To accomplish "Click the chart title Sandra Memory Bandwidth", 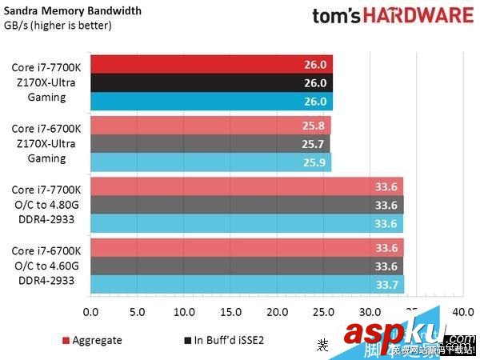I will (x=73, y=11).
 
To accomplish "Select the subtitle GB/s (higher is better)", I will (x=58, y=25).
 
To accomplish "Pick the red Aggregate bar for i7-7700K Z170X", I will (x=211, y=64).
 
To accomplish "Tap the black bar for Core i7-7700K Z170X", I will (x=211, y=82).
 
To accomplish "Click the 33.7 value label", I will (x=386, y=285).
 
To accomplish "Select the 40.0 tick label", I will (x=462, y=311).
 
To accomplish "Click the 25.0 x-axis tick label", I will (x=323, y=311).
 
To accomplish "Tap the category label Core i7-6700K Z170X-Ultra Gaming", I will (x=46, y=144).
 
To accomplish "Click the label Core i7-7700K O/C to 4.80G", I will (x=46, y=205).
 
